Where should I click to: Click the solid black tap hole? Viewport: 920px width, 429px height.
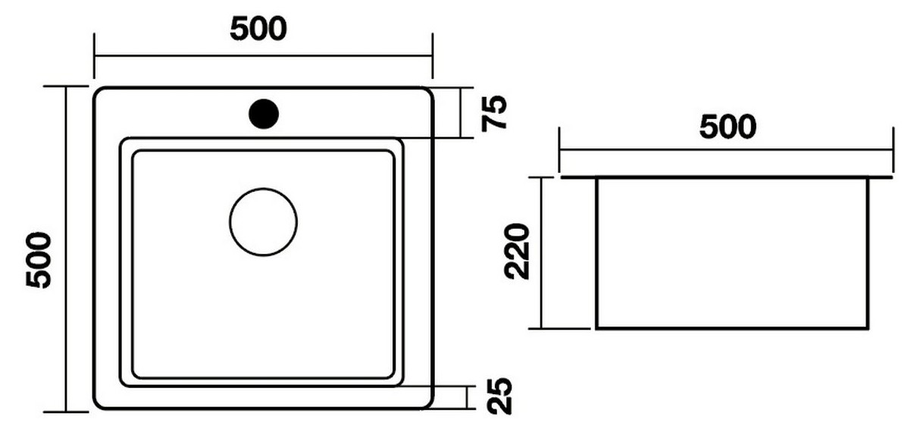264,114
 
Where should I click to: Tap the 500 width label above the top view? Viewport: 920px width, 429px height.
258,29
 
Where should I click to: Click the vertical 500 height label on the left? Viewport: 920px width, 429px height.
39,260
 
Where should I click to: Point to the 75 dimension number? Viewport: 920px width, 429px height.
494,114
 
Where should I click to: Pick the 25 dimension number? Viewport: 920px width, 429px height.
499,396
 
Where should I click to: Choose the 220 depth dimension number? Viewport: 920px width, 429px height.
517,252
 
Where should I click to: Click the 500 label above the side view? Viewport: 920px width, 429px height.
728,127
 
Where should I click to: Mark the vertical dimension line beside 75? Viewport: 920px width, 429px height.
461,113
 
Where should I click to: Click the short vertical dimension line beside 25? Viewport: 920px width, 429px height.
467,397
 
